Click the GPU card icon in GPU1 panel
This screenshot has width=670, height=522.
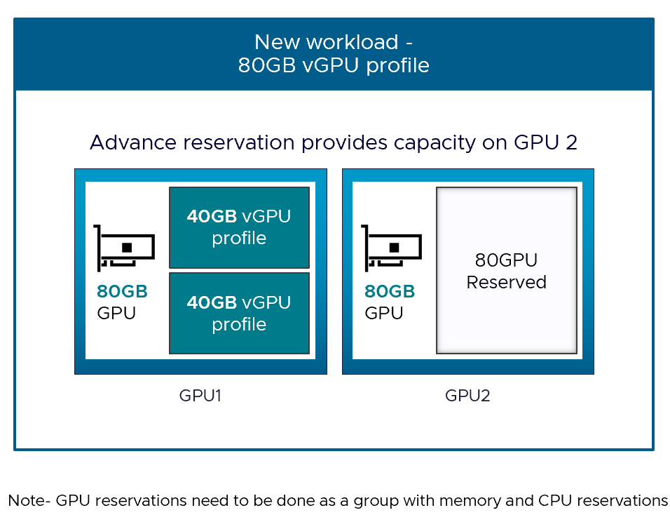pos(124,248)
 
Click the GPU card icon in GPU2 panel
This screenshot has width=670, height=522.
pos(392,248)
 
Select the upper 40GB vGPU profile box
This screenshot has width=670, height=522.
pos(239,227)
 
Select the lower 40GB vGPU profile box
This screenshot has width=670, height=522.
pos(239,313)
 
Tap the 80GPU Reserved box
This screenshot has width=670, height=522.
pos(506,271)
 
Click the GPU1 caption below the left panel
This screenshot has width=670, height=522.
pos(200,396)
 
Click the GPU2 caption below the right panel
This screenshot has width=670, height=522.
pos(467,396)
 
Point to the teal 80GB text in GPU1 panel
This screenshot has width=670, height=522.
pos(122,292)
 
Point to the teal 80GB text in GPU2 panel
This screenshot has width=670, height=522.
pos(390,292)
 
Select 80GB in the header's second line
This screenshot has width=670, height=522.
pos(262,65)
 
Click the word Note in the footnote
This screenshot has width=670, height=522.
pos(26,500)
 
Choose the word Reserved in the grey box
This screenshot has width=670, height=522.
pos(506,282)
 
